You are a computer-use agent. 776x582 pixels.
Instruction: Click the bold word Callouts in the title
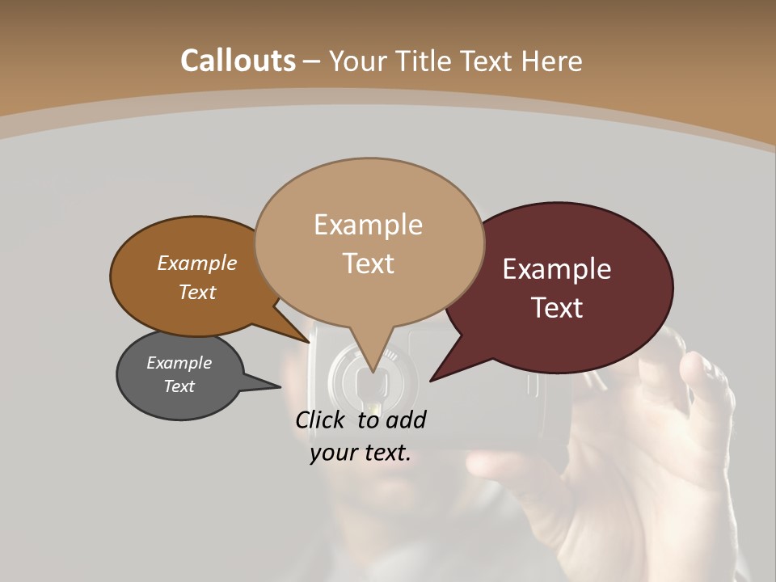coord(238,61)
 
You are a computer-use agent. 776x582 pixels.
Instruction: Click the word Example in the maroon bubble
coord(557,269)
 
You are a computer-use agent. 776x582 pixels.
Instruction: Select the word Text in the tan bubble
coord(369,264)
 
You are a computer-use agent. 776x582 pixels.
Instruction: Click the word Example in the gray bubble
coord(179,363)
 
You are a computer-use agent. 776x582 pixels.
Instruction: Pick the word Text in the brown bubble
coord(197,292)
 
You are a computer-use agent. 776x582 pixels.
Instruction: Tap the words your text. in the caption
coord(360,453)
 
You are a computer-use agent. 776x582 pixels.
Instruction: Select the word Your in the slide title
coord(358,61)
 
